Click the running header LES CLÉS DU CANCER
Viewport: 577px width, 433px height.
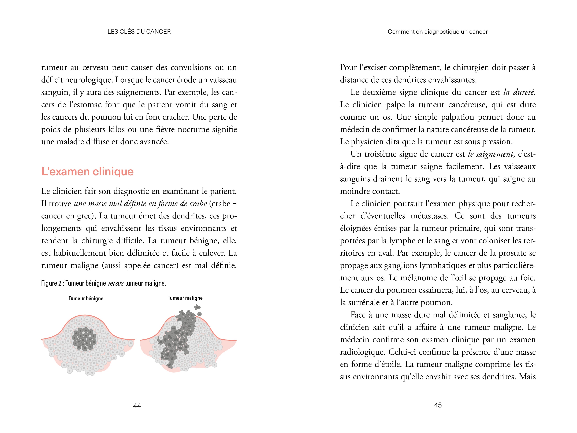[x=139, y=32]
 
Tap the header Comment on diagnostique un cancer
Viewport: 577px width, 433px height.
[x=437, y=32]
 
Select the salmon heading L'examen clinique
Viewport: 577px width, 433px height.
[x=87, y=171]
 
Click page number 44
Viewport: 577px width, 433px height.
[x=137, y=405]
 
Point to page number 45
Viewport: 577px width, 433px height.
[x=438, y=405]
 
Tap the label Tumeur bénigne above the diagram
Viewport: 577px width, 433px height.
[x=86, y=298]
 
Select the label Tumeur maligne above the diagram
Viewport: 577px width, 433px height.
[x=185, y=298]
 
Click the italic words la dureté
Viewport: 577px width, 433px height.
[x=519, y=92]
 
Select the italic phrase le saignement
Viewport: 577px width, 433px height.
[x=490, y=154]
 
